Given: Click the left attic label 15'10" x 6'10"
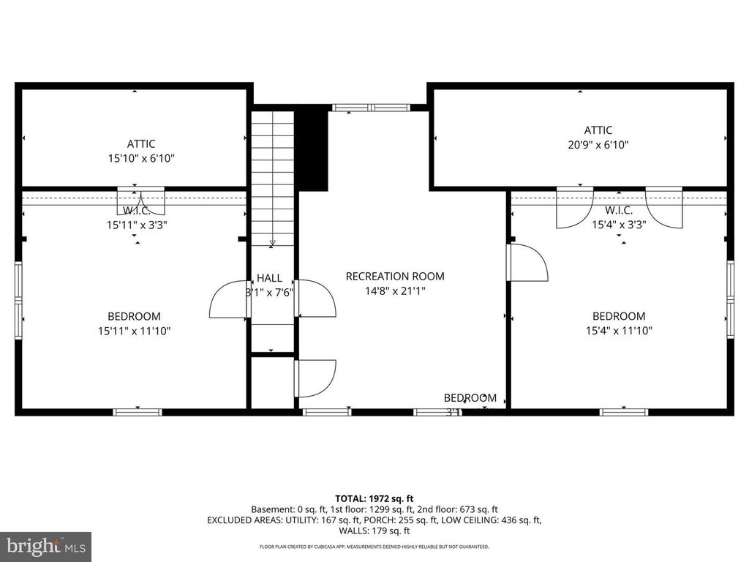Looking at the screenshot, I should [x=140, y=157].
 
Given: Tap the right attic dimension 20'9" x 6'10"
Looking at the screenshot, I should [x=598, y=145].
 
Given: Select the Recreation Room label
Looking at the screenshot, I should [x=395, y=277].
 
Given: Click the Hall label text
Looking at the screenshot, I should [x=269, y=278].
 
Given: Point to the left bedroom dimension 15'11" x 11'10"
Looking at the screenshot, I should [x=135, y=330].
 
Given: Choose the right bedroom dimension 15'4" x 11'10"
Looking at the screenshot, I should [x=618, y=330].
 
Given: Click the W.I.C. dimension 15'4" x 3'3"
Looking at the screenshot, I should [x=619, y=225].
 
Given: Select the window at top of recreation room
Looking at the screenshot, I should [x=371, y=108].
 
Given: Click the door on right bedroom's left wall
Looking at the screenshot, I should [x=527, y=262].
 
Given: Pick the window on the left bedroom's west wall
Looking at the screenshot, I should [x=20, y=300].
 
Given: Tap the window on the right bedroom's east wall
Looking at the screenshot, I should [x=729, y=300].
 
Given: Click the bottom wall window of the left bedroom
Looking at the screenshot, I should [x=138, y=412].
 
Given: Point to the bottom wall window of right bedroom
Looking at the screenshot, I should [x=623, y=412].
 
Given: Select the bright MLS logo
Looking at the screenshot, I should [x=45, y=546].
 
